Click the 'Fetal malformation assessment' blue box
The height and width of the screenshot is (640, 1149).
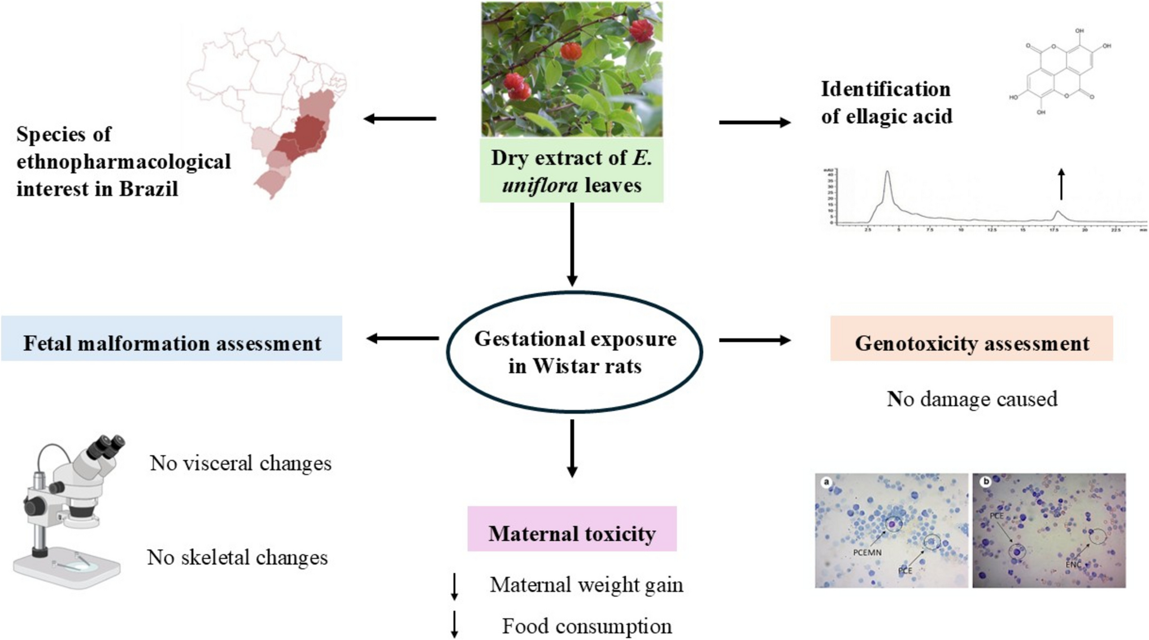click(172, 338)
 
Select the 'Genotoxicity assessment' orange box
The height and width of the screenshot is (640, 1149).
click(971, 338)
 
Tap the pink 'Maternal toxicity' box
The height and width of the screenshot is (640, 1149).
click(572, 529)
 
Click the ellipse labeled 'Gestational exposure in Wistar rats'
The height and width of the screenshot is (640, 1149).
click(574, 351)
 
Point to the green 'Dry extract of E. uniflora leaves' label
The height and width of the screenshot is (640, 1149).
click(571, 172)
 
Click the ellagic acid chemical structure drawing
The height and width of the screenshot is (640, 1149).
click(1059, 72)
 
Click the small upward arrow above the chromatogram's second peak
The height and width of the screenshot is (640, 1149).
click(1061, 184)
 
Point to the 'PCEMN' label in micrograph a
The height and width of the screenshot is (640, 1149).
click(867, 552)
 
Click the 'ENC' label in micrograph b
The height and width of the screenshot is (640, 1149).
click(1073, 564)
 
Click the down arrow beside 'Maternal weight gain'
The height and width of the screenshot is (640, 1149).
click(454, 586)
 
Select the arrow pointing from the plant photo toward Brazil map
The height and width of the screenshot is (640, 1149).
click(399, 119)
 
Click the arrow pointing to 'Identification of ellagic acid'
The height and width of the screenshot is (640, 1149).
click(754, 122)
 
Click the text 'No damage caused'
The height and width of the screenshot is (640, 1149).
click(972, 399)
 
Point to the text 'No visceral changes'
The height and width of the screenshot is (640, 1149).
click(241, 463)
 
